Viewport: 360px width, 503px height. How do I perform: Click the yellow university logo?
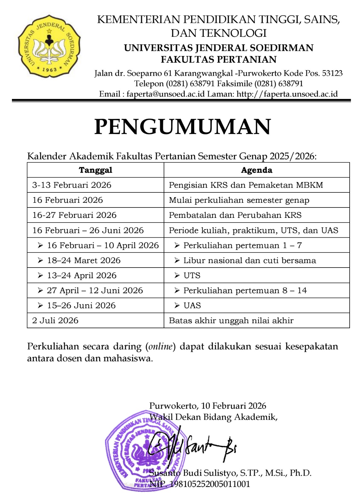coord(49,46)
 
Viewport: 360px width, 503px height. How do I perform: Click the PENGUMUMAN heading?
coord(183,127)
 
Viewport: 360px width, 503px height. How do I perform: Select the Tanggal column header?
coord(95,170)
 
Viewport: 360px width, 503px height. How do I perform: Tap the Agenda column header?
coord(257,170)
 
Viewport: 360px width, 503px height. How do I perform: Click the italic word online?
coord(160,346)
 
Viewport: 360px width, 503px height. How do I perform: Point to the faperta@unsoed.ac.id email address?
coord(166,94)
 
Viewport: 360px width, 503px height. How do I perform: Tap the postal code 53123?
coord(332,73)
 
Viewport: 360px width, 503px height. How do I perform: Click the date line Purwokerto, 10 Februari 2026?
coord(208,406)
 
